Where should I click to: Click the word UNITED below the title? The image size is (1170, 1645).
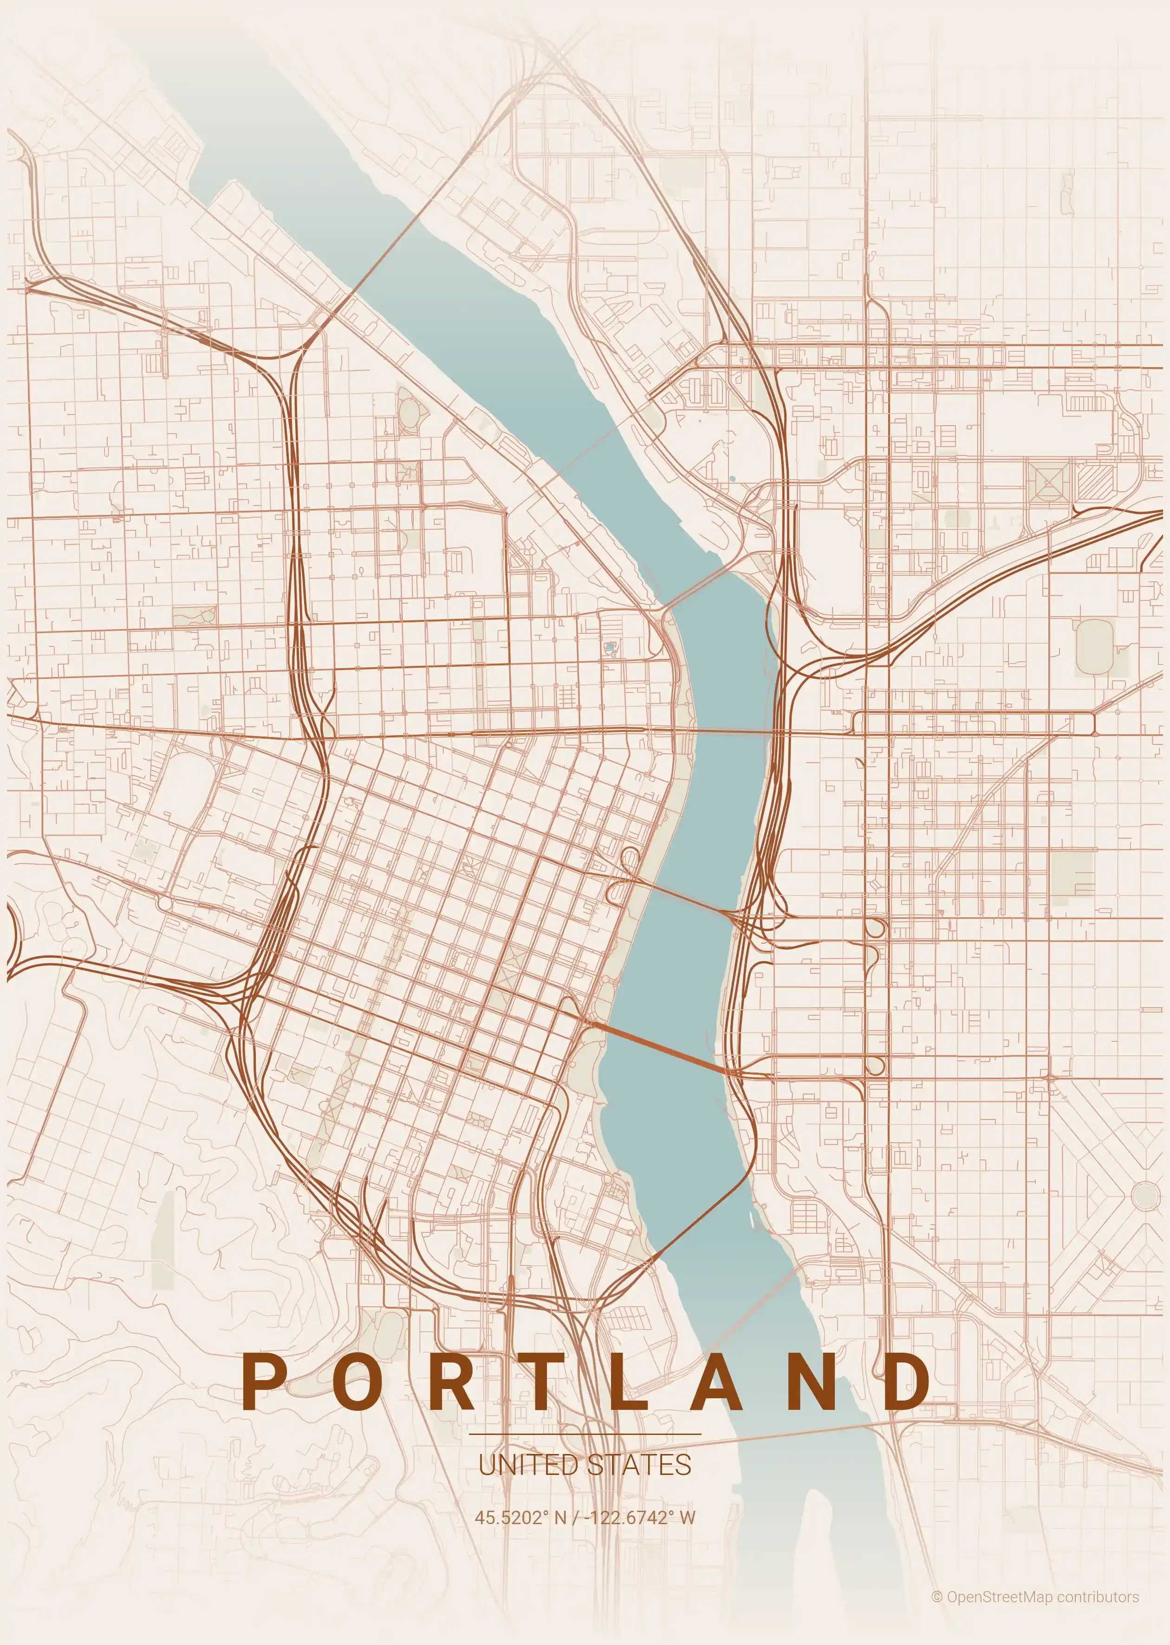point(527,1464)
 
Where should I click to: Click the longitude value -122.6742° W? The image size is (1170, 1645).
point(640,1517)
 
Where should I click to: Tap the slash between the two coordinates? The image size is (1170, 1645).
point(574,1517)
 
